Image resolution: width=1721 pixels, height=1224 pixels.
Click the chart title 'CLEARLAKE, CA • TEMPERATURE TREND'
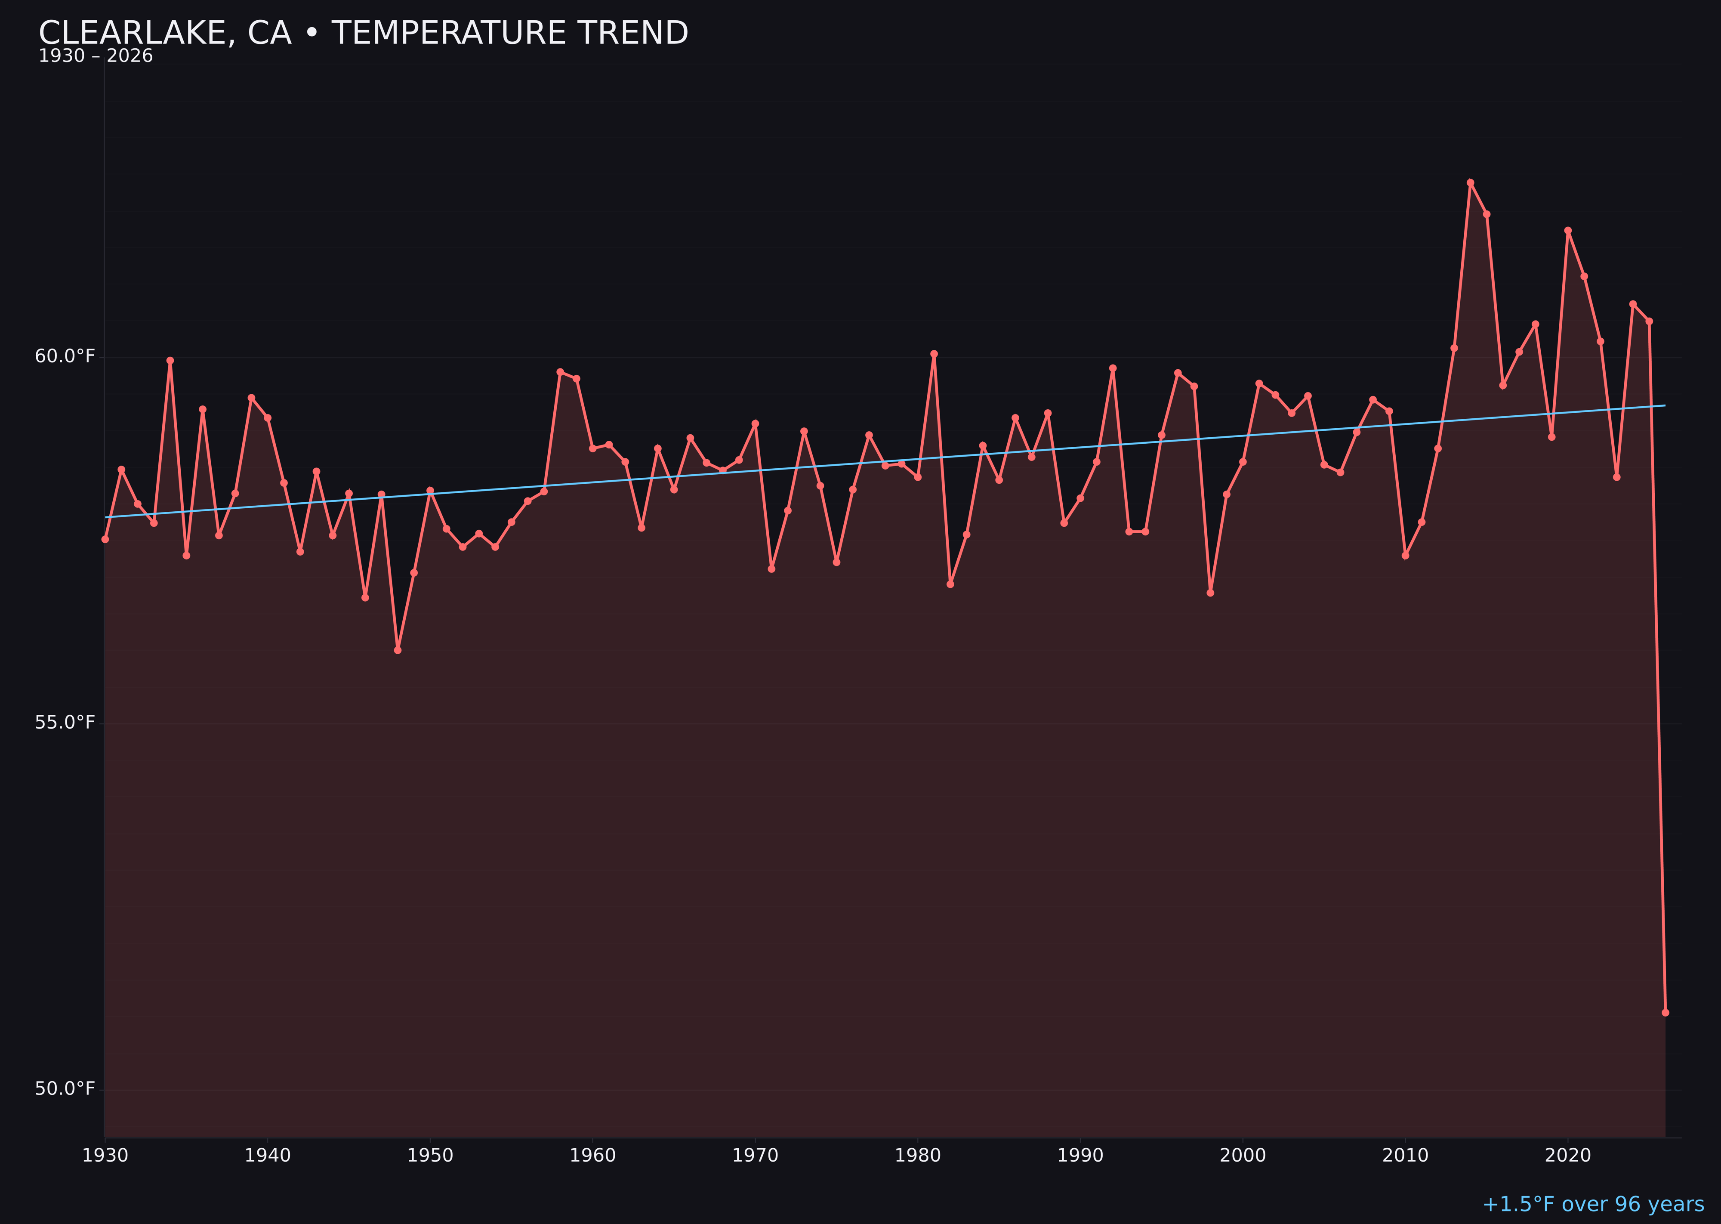point(363,33)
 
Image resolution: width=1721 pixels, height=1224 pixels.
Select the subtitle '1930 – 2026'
point(96,56)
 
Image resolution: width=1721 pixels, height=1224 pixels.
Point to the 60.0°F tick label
point(65,356)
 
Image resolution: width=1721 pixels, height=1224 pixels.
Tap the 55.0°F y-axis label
point(65,723)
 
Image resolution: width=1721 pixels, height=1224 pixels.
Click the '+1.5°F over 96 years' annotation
point(1593,1204)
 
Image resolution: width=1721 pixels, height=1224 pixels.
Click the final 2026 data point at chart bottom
point(1665,1012)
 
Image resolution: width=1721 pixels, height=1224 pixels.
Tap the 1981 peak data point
point(934,353)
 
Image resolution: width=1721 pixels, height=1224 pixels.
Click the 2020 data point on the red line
point(1568,231)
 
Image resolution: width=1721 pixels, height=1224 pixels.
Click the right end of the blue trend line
point(1665,405)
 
